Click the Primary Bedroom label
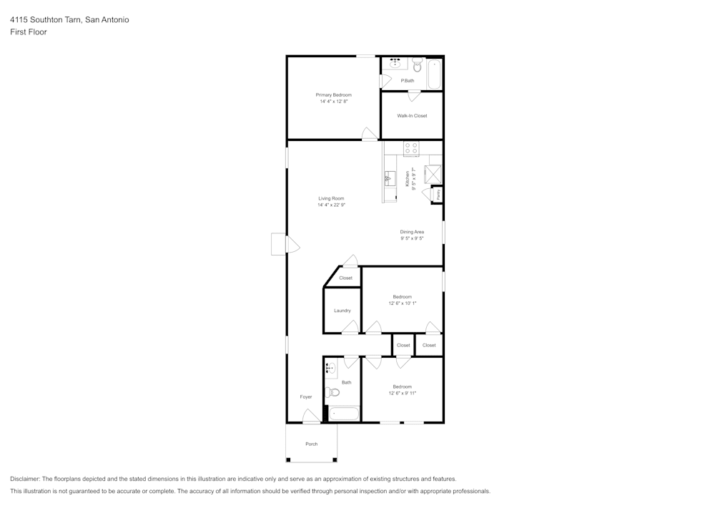[x=334, y=94]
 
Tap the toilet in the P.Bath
[x=418, y=67]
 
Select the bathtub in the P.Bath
[x=434, y=74]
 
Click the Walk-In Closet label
[x=412, y=115]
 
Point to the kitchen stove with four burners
[x=412, y=149]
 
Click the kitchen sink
[x=390, y=178]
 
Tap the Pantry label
[x=438, y=194]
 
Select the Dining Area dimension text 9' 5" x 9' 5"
[x=412, y=238]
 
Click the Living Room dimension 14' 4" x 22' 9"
[x=331, y=205]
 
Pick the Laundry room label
[x=342, y=311]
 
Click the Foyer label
[x=306, y=396]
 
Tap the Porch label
[x=311, y=444]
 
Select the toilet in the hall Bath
[x=331, y=391]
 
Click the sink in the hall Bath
[x=330, y=369]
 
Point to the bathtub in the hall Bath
[x=344, y=414]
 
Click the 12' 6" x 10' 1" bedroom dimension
[x=402, y=303]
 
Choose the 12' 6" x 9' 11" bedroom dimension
[x=402, y=393]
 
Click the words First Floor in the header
[x=29, y=32]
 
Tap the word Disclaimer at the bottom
[x=25, y=479]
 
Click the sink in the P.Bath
[x=395, y=64]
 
